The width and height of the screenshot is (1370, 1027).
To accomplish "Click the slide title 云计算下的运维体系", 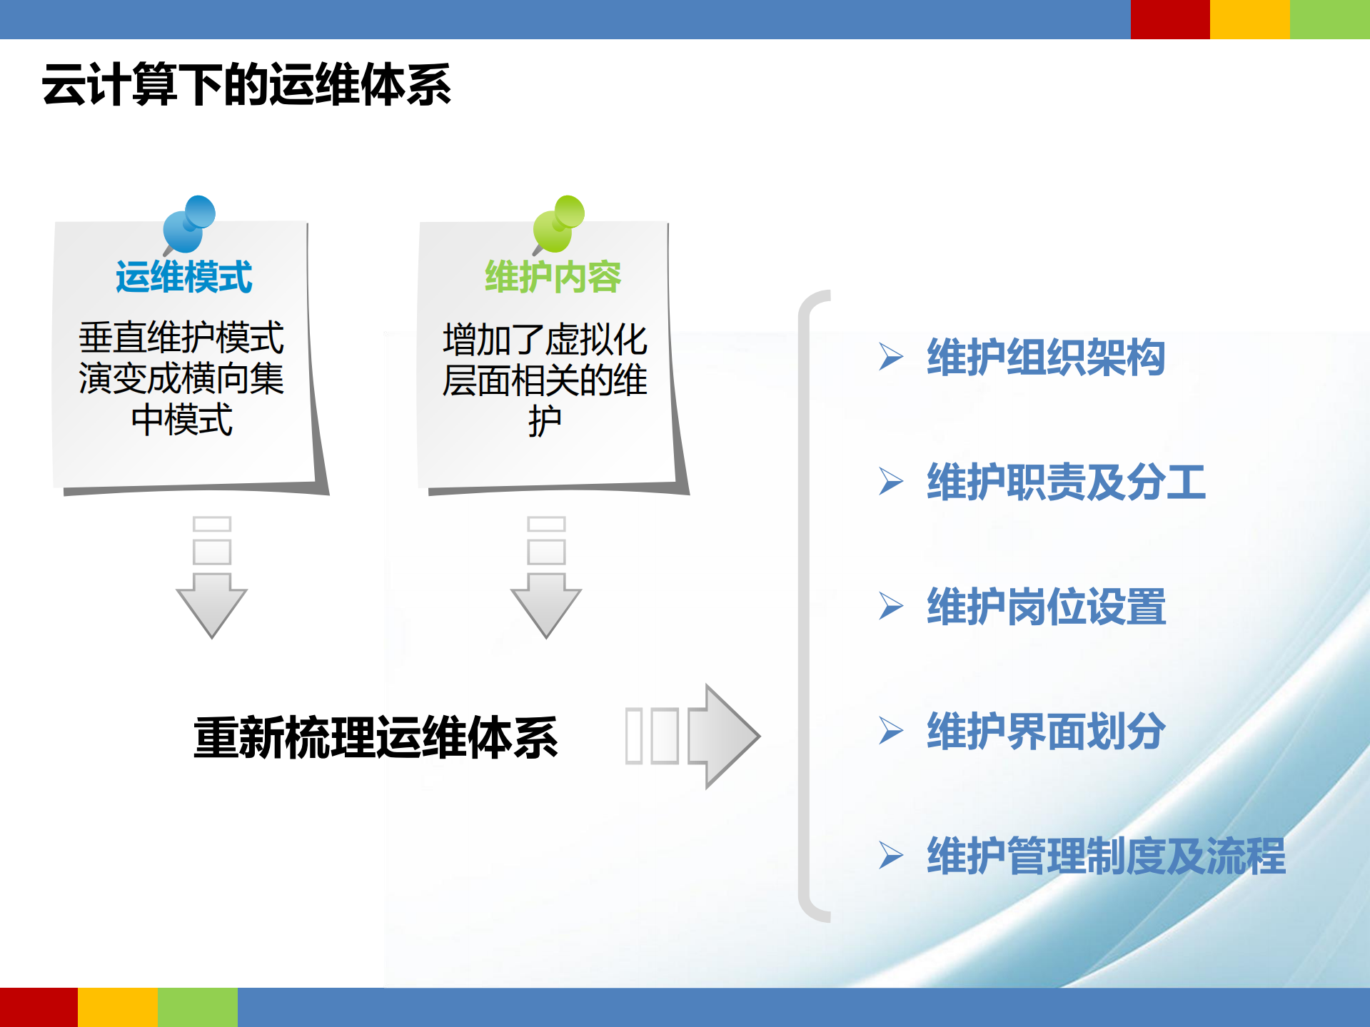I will [246, 85].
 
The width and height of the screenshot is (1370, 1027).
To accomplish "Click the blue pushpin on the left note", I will [188, 224].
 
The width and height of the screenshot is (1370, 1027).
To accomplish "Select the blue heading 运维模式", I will [183, 277].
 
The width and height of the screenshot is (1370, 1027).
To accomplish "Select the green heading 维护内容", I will [553, 277].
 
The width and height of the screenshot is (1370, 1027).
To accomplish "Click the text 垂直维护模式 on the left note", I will [181, 338].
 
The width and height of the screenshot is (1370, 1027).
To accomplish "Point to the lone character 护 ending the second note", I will [545, 421].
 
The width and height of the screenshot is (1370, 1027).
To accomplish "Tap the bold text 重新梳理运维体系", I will [376, 737].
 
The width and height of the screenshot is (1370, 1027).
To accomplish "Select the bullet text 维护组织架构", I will [1045, 357].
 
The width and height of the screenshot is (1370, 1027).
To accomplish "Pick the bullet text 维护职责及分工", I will [1065, 482].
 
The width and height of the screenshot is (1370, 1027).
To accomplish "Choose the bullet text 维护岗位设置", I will [1045, 607].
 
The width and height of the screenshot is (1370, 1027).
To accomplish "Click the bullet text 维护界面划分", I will [1045, 731].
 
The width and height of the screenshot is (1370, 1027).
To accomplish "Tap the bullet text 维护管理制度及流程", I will [1105, 856].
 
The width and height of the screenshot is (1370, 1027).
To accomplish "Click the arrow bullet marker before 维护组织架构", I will [890, 357].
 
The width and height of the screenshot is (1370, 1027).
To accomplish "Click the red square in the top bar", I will [1169, 19].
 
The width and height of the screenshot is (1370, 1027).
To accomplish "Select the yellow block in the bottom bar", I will [118, 1007].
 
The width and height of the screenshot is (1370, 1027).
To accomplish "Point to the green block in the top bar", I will [1329, 19].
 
